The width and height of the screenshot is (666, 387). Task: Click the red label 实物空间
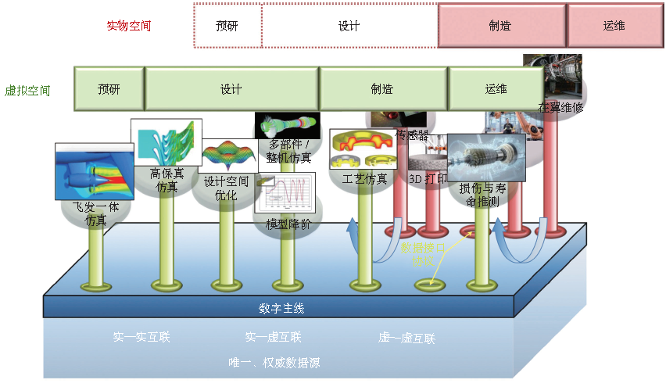(x=128, y=26)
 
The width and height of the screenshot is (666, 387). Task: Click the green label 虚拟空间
(x=28, y=90)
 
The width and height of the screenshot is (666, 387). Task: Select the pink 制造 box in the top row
(x=500, y=25)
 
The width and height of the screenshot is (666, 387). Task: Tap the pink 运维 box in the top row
(x=614, y=25)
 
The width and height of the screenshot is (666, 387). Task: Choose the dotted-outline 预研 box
(x=227, y=26)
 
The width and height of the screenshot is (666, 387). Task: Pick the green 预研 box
(x=109, y=88)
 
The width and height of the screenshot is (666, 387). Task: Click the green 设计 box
(x=231, y=88)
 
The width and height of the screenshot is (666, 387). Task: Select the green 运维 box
(x=496, y=88)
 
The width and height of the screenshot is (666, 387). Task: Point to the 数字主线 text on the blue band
(x=281, y=308)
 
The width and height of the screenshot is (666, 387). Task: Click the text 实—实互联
(x=141, y=338)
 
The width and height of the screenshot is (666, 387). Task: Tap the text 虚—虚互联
(x=406, y=338)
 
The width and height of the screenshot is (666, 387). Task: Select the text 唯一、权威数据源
(x=274, y=363)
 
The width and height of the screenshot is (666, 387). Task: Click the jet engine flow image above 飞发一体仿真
(x=94, y=171)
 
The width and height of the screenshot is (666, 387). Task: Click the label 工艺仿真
(x=365, y=179)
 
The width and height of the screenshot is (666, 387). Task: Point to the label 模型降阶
(x=288, y=224)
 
